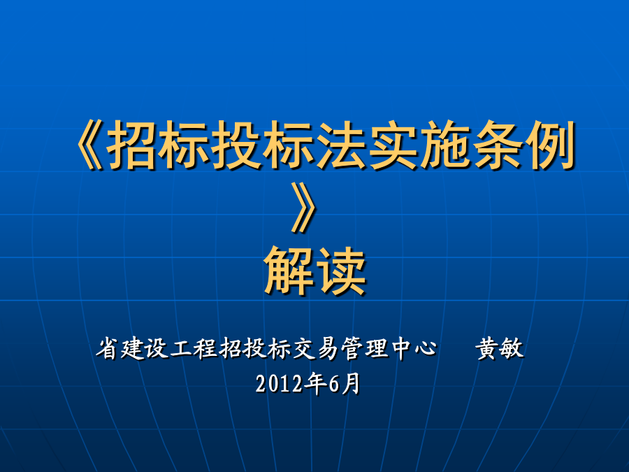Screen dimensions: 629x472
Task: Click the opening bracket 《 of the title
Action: point(89,145)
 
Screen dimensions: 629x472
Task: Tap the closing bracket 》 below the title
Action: point(304,208)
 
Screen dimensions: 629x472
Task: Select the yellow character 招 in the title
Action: point(131,145)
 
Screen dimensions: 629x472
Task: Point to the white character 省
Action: point(108,348)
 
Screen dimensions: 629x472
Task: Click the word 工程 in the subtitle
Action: point(194,348)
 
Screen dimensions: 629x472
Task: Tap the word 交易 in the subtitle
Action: point(316,348)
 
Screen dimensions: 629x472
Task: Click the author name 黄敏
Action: point(500,348)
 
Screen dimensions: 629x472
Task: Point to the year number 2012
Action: point(279,384)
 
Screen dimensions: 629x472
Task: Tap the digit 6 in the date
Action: point(334,384)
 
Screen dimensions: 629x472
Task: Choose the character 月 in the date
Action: point(351,384)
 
